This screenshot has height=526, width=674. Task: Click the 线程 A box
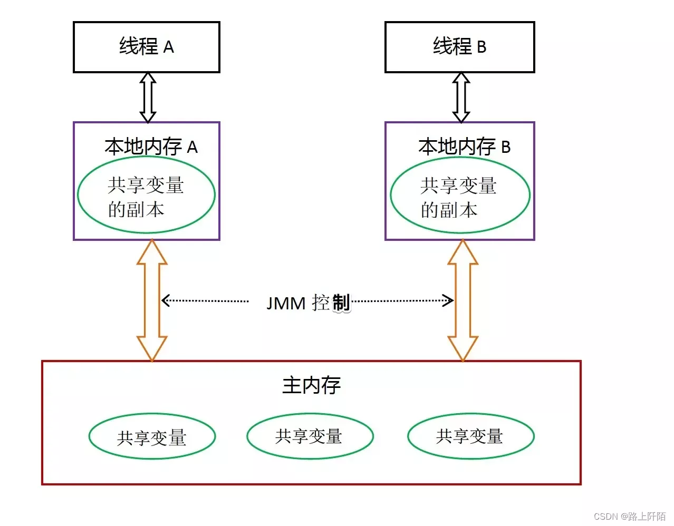[146, 47]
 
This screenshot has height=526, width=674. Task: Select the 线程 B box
[459, 47]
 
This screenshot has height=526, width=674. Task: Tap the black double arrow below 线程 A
[148, 98]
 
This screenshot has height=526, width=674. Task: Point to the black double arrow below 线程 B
[461, 98]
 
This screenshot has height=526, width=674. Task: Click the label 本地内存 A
[151, 147]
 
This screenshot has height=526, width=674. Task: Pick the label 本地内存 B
[464, 147]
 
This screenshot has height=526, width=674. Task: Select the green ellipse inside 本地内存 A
[146, 195]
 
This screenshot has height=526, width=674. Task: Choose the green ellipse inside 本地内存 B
[460, 195]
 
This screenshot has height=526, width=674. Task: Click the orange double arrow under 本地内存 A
[152, 300]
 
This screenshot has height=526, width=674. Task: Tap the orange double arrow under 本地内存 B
[463, 300]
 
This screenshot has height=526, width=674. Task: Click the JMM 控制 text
[308, 303]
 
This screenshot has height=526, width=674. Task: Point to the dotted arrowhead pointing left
[165, 300]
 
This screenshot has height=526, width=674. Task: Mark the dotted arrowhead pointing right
[449, 301]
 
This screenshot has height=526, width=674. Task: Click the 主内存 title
[311, 385]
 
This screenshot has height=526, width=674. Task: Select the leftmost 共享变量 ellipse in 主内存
[152, 436]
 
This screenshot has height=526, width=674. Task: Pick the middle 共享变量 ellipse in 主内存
[310, 436]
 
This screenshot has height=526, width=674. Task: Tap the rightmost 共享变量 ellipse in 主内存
[470, 436]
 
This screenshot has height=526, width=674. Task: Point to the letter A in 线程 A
[168, 47]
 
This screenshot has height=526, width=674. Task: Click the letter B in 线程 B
[482, 47]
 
